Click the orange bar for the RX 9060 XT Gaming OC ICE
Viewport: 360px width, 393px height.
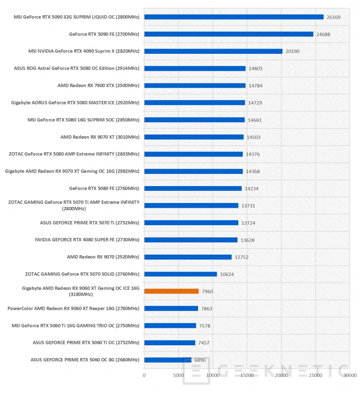click(x=172, y=291)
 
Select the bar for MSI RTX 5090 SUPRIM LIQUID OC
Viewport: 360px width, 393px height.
click(x=234, y=17)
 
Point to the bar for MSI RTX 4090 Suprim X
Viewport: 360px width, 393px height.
click(x=213, y=51)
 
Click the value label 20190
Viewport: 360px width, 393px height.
click(x=293, y=52)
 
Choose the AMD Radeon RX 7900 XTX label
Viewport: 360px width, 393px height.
click(x=98, y=85)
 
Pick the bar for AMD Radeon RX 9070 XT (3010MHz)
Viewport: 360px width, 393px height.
click(x=194, y=137)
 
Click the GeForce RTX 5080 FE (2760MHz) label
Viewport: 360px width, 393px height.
click(x=104, y=188)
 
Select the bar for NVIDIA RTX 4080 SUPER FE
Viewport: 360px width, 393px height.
click(x=191, y=240)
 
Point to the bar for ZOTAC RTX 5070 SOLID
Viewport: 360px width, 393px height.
click(x=180, y=274)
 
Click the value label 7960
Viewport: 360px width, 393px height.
click(x=208, y=291)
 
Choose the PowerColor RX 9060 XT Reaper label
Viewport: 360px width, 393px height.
click(x=73, y=308)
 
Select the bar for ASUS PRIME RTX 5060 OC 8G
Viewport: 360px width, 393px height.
click(x=168, y=360)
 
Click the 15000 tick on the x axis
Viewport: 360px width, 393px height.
click(x=247, y=375)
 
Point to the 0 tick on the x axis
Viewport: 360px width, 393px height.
click(x=144, y=375)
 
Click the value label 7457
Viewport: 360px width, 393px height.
click(x=204, y=343)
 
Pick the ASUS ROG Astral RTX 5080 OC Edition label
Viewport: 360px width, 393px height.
click(x=76, y=68)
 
